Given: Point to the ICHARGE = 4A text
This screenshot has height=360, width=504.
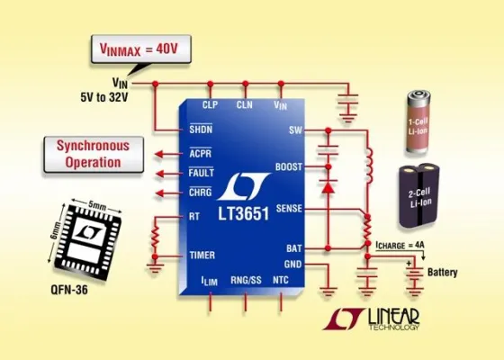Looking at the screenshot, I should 403,245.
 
